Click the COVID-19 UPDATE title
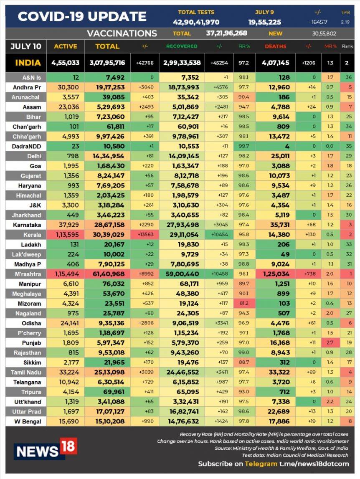[x=82, y=16]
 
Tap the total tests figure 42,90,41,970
[x=196, y=22]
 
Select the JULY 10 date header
[x=26, y=46]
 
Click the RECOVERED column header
[x=182, y=46]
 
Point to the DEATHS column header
[x=275, y=46]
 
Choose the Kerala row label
[x=26, y=235]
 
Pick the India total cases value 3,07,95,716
[x=107, y=63]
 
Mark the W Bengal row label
[x=26, y=421]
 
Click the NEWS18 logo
[x=46, y=449]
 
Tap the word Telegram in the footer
[x=261, y=464]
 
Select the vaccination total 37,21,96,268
[x=226, y=33]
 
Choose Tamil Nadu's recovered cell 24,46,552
[x=182, y=373]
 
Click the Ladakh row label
[x=26, y=244]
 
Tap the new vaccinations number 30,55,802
[x=324, y=33]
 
